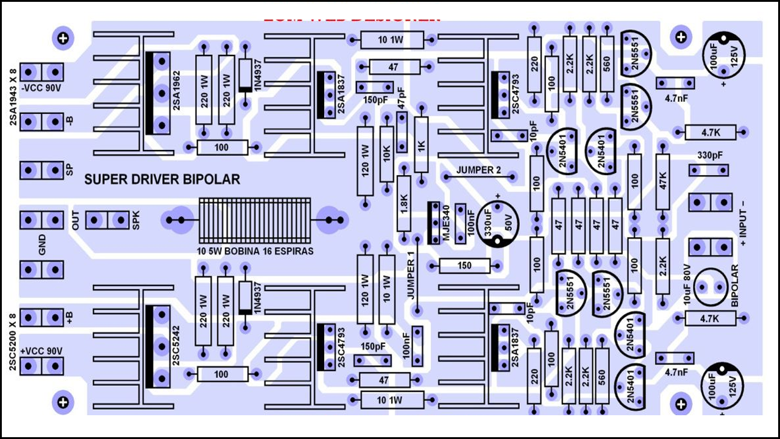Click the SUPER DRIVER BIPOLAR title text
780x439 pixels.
pos(161,179)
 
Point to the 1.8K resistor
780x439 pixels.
pos(404,204)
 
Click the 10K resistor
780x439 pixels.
pos(386,154)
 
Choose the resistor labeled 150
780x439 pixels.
pos(464,266)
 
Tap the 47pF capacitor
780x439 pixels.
pos(402,132)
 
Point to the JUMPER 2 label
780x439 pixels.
pos(478,170)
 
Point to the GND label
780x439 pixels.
pos(42,244)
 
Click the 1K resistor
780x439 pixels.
pos(421,145)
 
